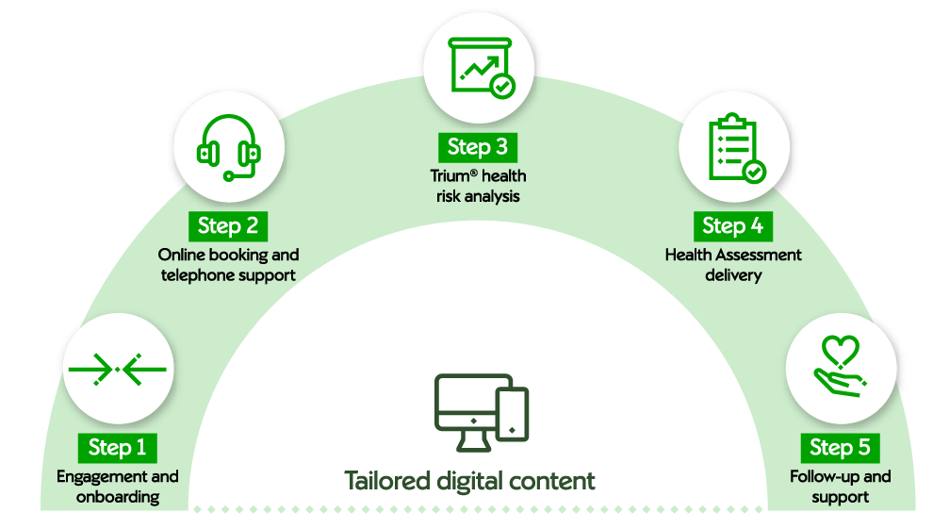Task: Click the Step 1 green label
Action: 117,446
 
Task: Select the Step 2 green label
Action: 227,226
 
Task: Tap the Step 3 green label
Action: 477,146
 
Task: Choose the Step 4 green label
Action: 732,225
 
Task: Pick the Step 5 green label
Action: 840,446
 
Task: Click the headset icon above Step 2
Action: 228,148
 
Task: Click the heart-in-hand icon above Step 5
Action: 838,368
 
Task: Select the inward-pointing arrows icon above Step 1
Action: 117,369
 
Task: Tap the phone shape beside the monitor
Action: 512,414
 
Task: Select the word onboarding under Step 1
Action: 118,497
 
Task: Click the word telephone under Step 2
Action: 199,275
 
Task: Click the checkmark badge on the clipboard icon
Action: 754,173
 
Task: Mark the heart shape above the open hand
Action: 841,352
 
